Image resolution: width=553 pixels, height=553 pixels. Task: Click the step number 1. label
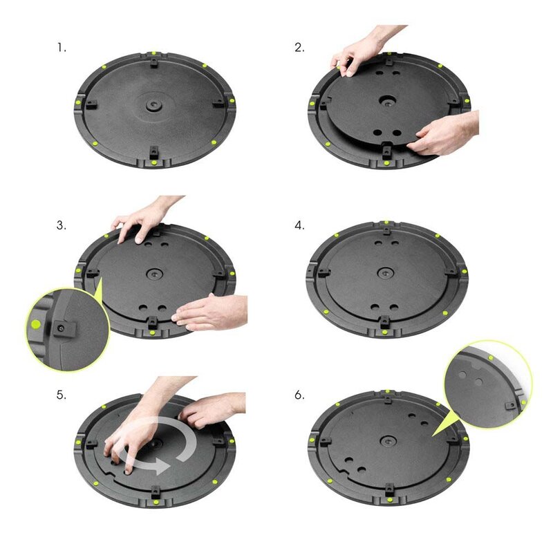(62, 48)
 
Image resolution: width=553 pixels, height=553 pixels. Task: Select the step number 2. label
(299, 48)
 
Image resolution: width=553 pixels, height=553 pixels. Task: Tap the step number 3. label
(62, 226)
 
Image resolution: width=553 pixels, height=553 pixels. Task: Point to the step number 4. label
(299, 226)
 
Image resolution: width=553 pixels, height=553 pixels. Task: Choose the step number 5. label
(62, 395)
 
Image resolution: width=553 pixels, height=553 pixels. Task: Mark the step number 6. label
(299, 395)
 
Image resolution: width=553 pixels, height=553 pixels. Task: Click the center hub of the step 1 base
(153, 106)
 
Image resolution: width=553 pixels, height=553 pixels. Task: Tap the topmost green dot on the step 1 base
(153, 53)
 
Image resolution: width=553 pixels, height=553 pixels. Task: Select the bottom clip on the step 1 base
(153, 153)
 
